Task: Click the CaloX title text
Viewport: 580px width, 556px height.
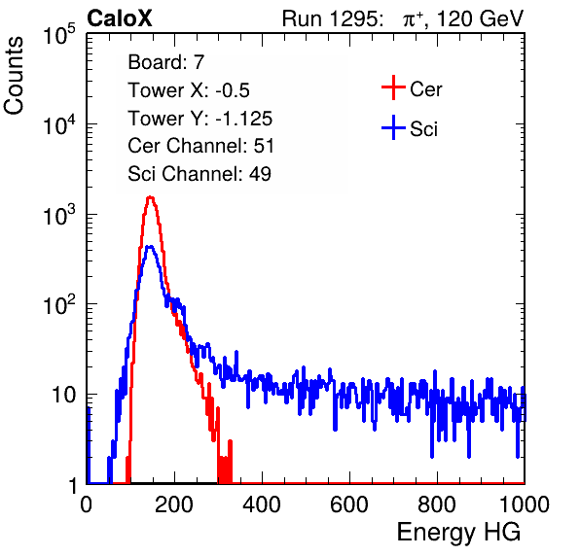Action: pyautogui.click(x=120, y=18)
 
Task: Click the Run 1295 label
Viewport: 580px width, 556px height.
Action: pyautogui.click(x=332, y=18)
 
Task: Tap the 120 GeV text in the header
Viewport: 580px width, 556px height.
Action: pyautogui.click(x=481, y=18)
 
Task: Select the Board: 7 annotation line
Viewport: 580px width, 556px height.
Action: pyautogui.click(x=166, y=62)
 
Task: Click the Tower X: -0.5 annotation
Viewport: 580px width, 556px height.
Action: pyautogui.click(x=189, y=90)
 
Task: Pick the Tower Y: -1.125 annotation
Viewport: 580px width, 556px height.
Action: pyautogui.click(x=200, y=119)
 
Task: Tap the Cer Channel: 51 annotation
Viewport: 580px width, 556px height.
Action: pyautogui.click(x=200, y=146)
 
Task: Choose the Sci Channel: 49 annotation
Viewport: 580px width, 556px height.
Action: pyautogui.click(x=199, y=174)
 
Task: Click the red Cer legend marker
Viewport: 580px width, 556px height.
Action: pyautogui.click(x=393, y=87)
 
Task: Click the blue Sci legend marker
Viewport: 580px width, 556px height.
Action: pyautogui.click(x=393, y=128)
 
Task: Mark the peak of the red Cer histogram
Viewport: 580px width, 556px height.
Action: pyautogui.click(x=150, y=197)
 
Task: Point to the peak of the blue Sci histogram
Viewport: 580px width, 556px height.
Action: pyautogui.click(x=150, y=247)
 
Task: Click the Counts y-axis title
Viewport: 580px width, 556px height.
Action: pyautogui.click(x=14, y=76)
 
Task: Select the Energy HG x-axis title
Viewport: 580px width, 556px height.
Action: pyautogui.click(x=459, y=533)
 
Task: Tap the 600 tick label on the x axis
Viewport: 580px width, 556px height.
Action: pyautogui.click(x=349, y=504)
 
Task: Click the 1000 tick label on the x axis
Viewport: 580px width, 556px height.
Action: pyautogui.click(x=525, y=504)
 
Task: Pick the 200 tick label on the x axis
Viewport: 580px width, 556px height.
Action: pyautogui.click(x=174, y=504)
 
